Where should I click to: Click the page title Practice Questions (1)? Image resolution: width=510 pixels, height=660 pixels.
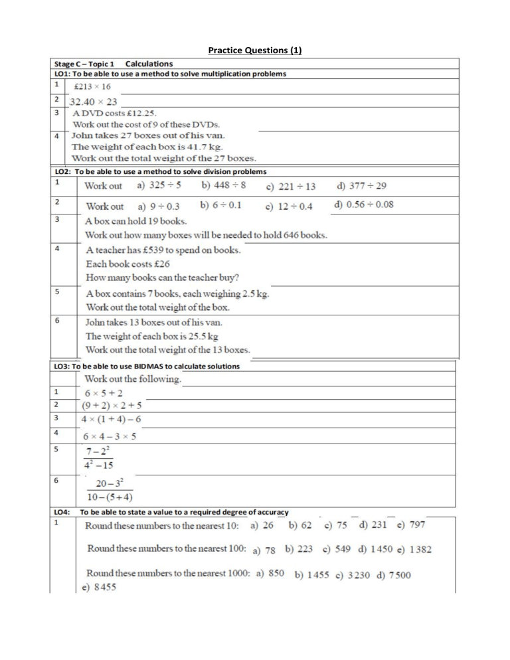click(255, 50)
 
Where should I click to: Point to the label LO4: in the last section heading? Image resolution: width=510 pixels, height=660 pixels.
click(62, 512)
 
